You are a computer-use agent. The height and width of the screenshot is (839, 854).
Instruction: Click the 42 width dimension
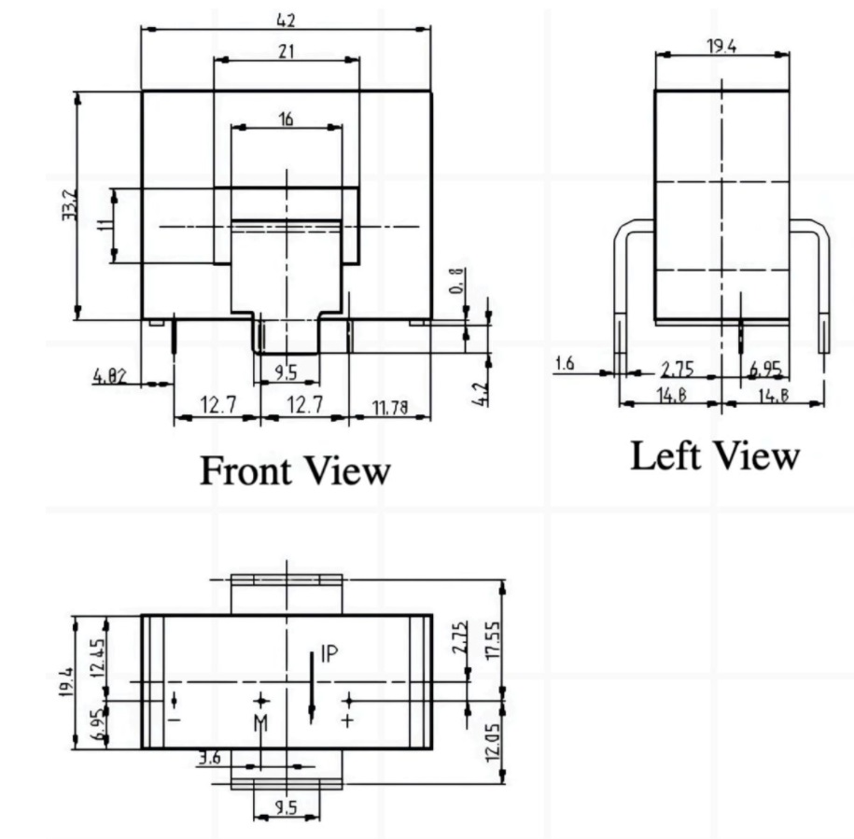[x=286, y=20]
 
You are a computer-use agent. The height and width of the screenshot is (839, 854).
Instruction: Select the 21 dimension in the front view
[x=286, y=51]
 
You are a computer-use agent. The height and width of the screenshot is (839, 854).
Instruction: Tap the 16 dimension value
[x=286, y=119]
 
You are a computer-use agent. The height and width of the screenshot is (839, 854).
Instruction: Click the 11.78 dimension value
[x=390, y=407]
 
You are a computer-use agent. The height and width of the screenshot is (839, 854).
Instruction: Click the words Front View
[x=294, y=470]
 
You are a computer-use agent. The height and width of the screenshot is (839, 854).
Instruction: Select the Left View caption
[x=715, y=456]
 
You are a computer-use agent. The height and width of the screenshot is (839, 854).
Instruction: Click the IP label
[x=329, y=654]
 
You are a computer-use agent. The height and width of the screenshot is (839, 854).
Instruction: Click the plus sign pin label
[x=349, y=720]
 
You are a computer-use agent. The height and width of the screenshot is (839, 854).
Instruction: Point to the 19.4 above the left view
[x=720, y=46]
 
